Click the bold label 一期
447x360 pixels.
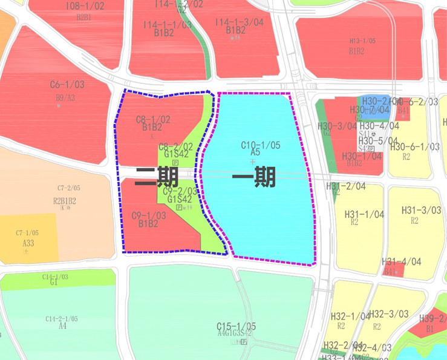[x=254, y=177]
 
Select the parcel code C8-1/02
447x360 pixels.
[x=152, y=119]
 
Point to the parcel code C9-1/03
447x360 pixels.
[x=148, y=215]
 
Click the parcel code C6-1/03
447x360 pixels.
[x=67, y=85]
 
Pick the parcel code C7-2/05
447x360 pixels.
[x=69, y=188]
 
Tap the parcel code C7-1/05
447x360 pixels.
[x=27, y=233]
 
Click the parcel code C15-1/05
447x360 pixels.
[x=237, y=326]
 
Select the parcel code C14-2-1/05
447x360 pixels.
[x=62, y=319]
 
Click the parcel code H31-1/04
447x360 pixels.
[x=364, y=214]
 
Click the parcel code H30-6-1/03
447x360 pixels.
[x=415, y=146]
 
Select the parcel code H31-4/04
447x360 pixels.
[x=401, y=262]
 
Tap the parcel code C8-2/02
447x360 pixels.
[x=175, y=147]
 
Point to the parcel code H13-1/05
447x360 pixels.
[x=362, y=41]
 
